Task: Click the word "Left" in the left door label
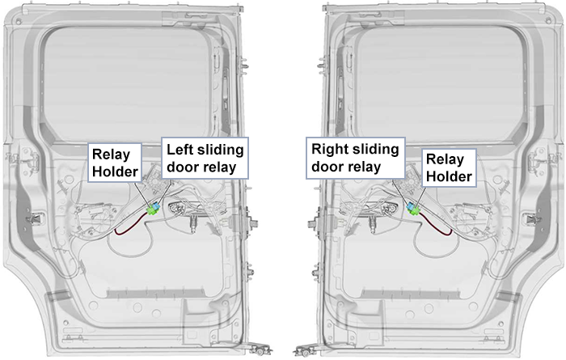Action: click(180, 149)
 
